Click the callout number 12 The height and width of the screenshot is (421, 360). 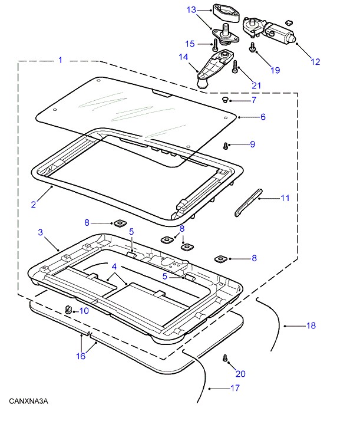[x=315, y=61]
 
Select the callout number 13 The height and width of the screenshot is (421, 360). [x=191, y=9]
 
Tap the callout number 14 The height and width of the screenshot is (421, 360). [x=183, y=57]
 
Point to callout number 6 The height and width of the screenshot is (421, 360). [x=263, y=117]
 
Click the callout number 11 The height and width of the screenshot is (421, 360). [x=285, y=198]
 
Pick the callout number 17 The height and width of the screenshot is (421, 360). [x=235, y=388]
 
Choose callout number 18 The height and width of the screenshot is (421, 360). [x=310, y=325]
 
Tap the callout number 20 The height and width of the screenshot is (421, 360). [x=240, y=373]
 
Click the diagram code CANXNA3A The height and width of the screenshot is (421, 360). [x=28, y=402]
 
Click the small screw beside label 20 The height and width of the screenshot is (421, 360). [x=225, y=358]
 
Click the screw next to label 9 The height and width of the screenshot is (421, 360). [x=226, y=145]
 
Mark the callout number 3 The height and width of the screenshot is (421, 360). [x=40, y=233]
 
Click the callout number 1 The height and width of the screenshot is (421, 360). [x=60, y=60]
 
